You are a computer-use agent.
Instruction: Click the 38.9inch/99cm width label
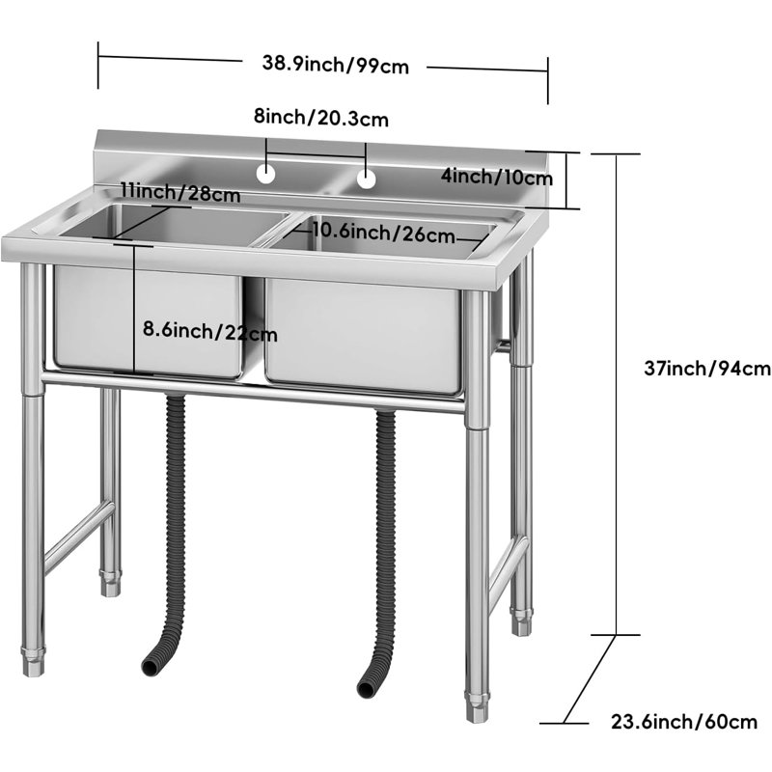335,64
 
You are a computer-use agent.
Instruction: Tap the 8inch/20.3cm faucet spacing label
321,118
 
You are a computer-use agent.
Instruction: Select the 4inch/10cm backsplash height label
496,177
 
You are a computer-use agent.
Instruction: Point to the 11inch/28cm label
180,192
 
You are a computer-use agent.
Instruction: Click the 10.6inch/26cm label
384,233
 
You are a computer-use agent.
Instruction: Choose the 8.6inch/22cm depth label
210,331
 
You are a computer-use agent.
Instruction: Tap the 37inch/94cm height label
707,369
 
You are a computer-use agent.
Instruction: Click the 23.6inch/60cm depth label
684,722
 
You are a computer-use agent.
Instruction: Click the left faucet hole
266,174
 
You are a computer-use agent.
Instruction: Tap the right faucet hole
367,179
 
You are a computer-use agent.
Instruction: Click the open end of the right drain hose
366,688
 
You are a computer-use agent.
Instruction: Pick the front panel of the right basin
363,335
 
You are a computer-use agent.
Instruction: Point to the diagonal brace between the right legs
508,567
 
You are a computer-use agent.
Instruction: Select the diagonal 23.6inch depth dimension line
590,679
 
